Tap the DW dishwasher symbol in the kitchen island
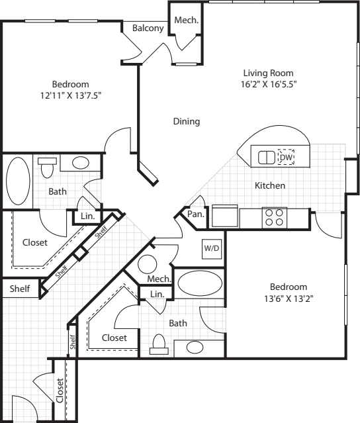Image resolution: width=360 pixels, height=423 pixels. [x=286, y=157]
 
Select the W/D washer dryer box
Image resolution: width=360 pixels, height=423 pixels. [x=212, y=249]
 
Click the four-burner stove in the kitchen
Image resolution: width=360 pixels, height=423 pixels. [x=273, y=216]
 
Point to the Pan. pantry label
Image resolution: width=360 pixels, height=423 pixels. [x=195, y=214]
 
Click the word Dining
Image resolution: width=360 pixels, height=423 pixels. [x=187, y=122]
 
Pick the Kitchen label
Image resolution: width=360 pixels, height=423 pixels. [x=270, y=186]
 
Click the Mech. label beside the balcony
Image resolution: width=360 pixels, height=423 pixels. [x=186, y=21]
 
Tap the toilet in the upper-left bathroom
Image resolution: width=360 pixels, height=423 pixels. [x=46, y=168]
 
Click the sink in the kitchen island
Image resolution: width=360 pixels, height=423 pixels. [x=265, y=158]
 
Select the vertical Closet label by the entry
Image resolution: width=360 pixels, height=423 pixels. [x=60, y=391]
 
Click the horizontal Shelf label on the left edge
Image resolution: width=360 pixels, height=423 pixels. [x=19, y=289]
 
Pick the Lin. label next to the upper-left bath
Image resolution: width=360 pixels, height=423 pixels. [x=88, y=216]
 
